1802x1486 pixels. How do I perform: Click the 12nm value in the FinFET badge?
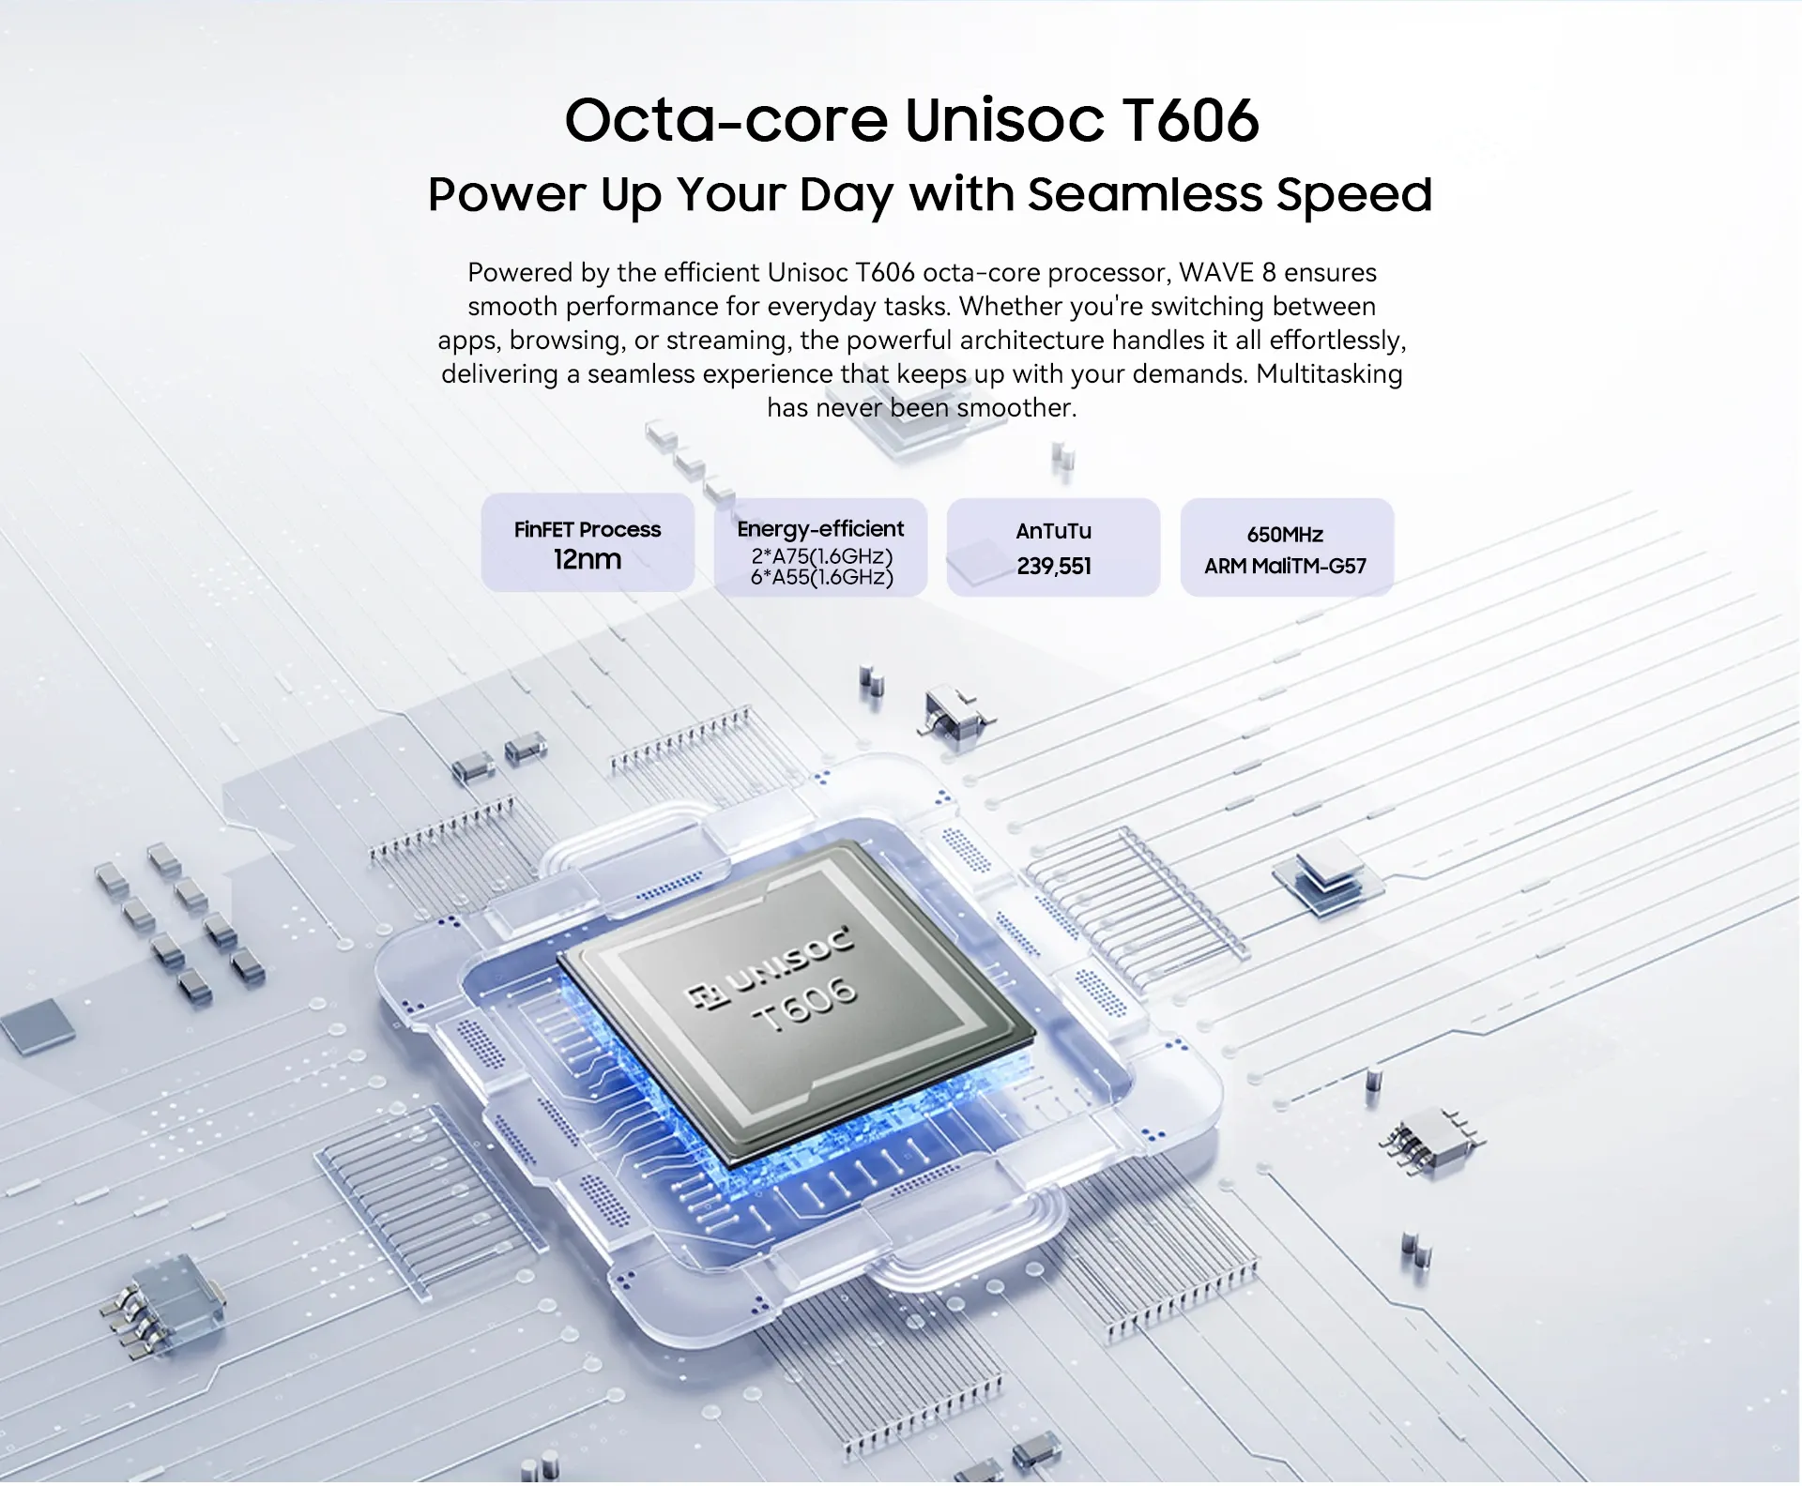[588, 559]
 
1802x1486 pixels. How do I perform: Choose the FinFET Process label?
[588, 529]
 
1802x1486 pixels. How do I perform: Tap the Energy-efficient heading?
[820, 529]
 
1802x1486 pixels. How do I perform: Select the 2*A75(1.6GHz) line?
[821, 556]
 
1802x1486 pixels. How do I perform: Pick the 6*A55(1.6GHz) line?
[821, 577]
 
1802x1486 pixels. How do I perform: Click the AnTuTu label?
[1053, 531]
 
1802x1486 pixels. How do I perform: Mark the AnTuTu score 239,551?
[1054, 566]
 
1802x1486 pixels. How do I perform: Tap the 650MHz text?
[1285, 535]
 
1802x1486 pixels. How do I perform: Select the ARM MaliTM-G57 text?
[1285, 566]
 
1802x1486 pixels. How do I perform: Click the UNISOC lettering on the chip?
[794, 960]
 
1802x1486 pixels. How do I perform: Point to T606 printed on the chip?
[805, 1002]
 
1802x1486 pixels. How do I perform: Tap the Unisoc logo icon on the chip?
[708, 996]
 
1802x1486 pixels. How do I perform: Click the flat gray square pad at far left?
[38, 1025]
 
